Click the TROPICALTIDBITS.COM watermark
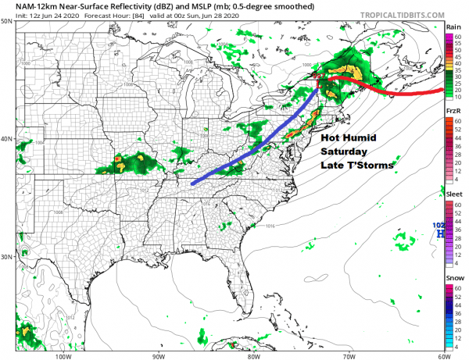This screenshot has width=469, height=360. point(396,14)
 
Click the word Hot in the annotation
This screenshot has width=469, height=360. point(311,137)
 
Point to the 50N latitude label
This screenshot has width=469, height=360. point(7,22)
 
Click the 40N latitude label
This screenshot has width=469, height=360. point(7,139)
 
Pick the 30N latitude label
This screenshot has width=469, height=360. point(7,256)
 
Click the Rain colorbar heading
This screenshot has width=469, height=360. point(453,27)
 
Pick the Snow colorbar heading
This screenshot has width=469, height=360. point(453,276)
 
